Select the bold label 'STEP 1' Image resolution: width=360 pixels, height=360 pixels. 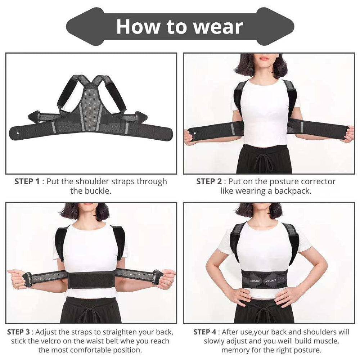tap(27, 181)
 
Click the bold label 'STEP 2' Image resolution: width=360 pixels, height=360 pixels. tap(209, 181)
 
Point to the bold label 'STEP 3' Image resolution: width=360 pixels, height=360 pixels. tap(19, 332)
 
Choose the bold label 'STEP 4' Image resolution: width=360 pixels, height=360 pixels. tap(205, 332)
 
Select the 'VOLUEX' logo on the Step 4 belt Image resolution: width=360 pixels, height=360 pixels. tap(271, 281)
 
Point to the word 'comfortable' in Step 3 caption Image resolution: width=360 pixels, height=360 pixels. tap(91, 350)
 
